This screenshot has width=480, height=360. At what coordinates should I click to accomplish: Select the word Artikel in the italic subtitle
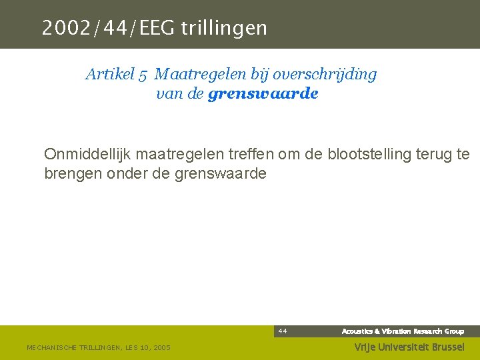(109, 74)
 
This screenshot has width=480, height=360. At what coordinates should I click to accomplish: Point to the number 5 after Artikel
(143, 75)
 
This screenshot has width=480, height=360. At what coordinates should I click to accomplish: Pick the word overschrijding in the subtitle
(331, 74)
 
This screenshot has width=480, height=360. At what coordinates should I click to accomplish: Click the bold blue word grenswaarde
(263, 94)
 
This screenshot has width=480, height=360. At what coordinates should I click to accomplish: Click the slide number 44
(283, 331)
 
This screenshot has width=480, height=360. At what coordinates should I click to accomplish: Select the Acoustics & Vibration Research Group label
(403, 331)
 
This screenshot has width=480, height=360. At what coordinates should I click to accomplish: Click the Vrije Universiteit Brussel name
(409, 347)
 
